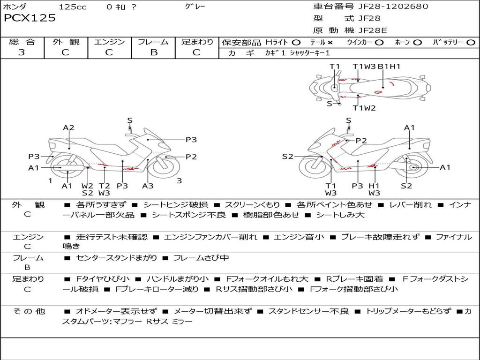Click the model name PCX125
click(30, 18)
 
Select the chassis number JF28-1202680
click(386, 7)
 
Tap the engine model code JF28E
click(373, 30)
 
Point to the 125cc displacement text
click(72, 7)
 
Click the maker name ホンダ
click(15, 7)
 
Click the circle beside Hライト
click(296, 42)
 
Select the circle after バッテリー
click(471, 42)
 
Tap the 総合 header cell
click(22, 42)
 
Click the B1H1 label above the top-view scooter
click(389, 67)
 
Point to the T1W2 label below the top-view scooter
click(364, 108)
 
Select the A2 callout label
click(69, 127)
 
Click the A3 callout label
click(148, 186)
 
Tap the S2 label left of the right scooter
click(287, 157)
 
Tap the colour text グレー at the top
click(195, 7)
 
